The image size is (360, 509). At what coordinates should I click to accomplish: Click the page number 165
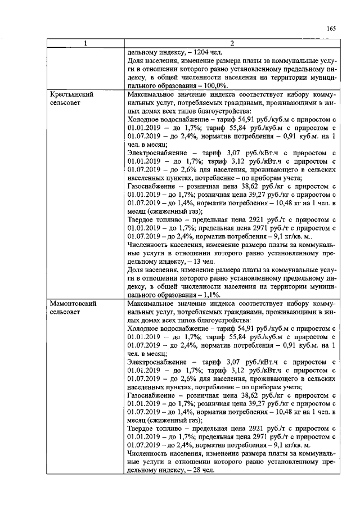tap(331, 29)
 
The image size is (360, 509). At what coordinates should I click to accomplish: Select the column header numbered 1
tap(85, 44)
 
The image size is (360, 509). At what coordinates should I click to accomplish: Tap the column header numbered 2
tap(231, 44)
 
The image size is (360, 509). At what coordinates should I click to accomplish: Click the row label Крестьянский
tap(70, 94)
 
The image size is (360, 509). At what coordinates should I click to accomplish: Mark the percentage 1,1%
tap(211, 295)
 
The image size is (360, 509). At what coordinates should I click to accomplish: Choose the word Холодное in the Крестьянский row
tap(143, 119)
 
